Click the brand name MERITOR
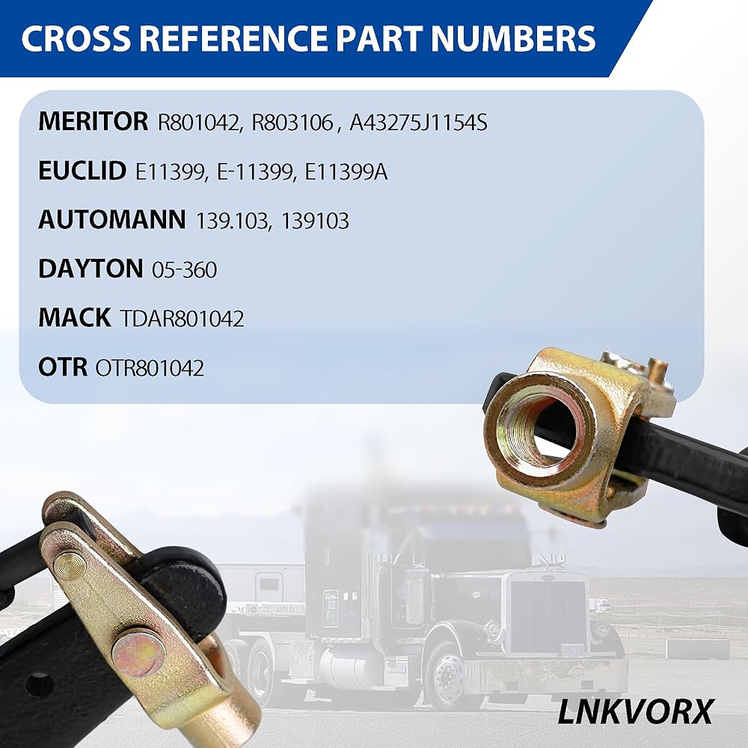point(93,121)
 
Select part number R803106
point(292,123)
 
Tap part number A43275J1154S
point(418,123)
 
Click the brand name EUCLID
point(82,171)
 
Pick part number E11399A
point(346,172)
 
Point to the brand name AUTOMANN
point(111,219)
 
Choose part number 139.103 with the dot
point(233,221)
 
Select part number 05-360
point(184,270)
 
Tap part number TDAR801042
point(182,319)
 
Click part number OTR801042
point(150,368)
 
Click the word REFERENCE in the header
point(233,38)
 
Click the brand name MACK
point(74,317)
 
